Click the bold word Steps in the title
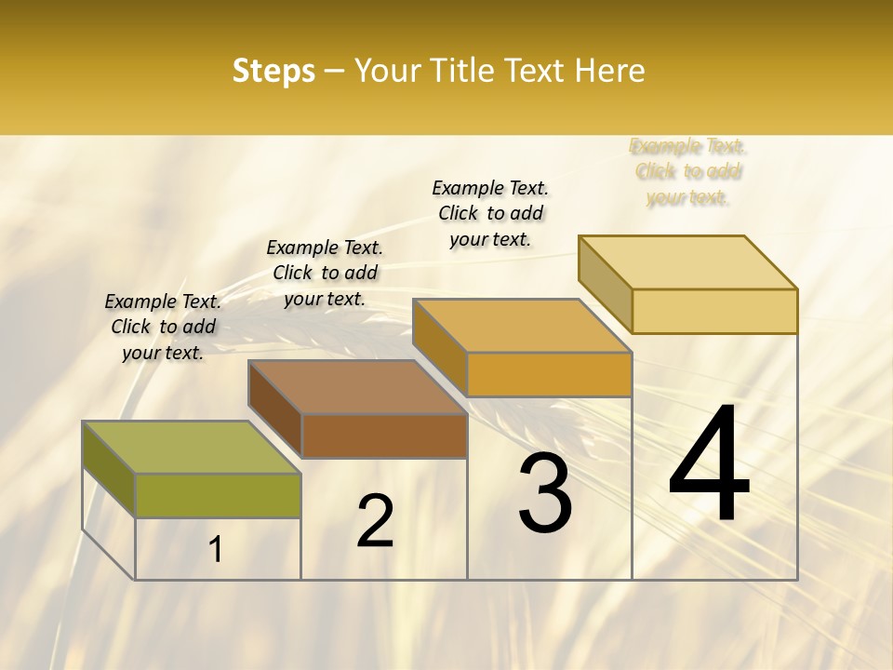click(x=273, y=71)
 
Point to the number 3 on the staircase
click(x=544, y=493)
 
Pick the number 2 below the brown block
click(x=375, y=521)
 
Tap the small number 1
click(x=216, y=550)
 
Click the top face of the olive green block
click(x=192, y=448)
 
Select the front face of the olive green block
click(x=218, y=495)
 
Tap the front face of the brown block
click(x=384, y=435)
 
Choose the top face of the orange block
click(x=522, y=326)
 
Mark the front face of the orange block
click(x=549, y=374)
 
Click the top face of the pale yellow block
click(x=687, y=262)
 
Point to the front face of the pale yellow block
click(x=714, y=311)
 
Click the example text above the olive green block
click(x=163, y=327)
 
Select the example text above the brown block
click(x=325, y=273)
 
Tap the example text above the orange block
click(x=490, y=213)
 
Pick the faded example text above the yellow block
click(x=688, y=171)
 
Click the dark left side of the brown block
click(x=275, y=409)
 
